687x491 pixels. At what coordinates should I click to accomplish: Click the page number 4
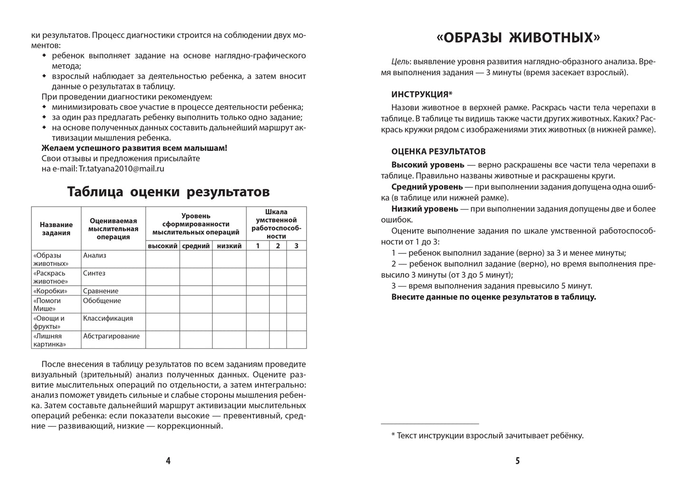[x=168, y=461]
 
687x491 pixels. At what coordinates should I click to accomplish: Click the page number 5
[x=518, y=461]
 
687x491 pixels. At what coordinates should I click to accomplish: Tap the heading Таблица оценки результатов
[x=168, y=192]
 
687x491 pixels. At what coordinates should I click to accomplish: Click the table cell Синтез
[x=94, y=273]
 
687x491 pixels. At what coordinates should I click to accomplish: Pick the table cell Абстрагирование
[x=111, y=336]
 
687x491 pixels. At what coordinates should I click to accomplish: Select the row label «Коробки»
[x=50, y=291]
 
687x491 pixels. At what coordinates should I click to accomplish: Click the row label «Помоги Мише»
[x=48, y=305]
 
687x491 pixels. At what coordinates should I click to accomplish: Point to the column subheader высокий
[x=163, y=246]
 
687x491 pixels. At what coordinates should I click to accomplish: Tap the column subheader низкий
[x=229, y=246]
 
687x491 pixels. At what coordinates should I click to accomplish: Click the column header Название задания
[x=56, y=229]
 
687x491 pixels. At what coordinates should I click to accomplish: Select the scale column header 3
[x=296, y=246]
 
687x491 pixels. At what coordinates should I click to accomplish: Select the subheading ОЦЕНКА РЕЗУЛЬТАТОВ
[x=438, y=152]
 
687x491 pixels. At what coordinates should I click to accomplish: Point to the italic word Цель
[x=400, y=62]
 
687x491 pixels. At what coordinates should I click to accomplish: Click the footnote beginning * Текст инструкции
[x=487, y=435]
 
